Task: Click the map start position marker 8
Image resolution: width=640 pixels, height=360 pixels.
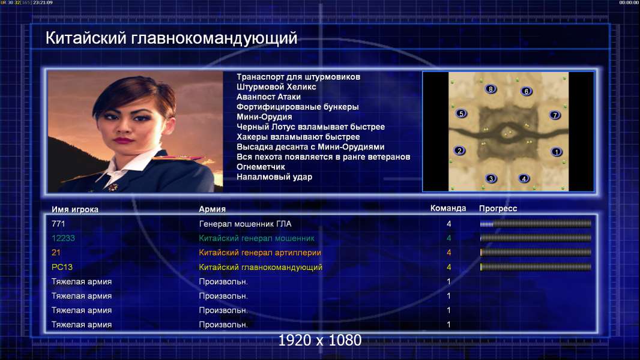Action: pyautogui.click(x=491, y=89)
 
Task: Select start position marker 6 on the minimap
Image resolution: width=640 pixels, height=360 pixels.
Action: pyautogui.click(x=526, y=91)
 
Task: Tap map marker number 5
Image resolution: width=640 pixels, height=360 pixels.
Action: pyautogui.click(x=461, y=114)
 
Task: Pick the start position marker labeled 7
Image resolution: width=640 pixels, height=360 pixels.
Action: pyautogui.click(x=555, y=115)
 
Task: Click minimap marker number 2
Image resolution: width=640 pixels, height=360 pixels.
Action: pyautogui.click(x=460, y=151)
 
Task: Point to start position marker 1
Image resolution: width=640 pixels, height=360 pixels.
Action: pyautogui.click(x=557, y=152)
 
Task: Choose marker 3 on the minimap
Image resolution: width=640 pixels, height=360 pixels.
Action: pyautogui.click(x=491, y=179)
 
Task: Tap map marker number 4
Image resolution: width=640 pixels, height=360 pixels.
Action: pyautogui.click(x=524, y=178)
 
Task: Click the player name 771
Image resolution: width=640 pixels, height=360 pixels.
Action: pyautogui.click(x=58, y=224)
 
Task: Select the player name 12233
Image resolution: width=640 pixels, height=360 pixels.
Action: pyautogui.click(x=63, y=238)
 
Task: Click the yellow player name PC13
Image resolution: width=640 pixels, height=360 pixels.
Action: pyautogui.click(x=62, y=267)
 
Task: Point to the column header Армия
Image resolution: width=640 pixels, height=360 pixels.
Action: pyautogui.click(x=213, y=209)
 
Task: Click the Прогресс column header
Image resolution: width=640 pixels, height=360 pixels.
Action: pyautogui.click(x=498, y=209)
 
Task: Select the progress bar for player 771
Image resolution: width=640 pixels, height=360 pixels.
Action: pyautogui.click(x=536, y=224)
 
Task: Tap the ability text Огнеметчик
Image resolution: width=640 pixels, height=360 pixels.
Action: pyautogui.click(x=261, y=167)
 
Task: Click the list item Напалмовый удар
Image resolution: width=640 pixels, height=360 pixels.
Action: pyautogui.click(x=274, y=177)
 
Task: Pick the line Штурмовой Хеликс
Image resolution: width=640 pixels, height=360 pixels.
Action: pyautogui.click(x=276, y=87)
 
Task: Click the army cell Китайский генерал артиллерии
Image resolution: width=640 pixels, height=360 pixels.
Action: pyautogui.click(x=260, y=253)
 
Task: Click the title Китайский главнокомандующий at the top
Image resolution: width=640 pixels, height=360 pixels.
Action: pyautogui.click(x=172, y=38)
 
